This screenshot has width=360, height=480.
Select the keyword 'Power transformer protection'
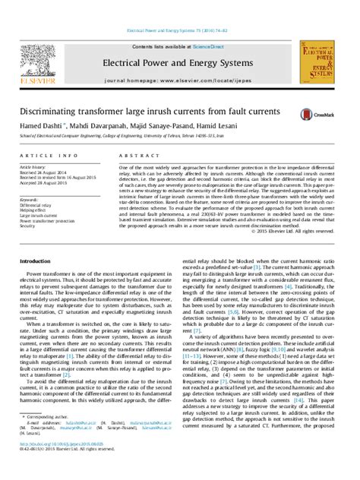tap(46, 220)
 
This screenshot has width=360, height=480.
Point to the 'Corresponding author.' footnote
tap(45, 437)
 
